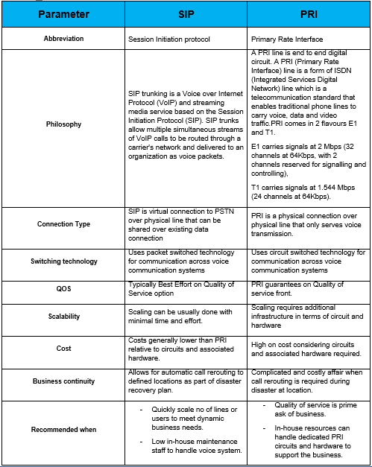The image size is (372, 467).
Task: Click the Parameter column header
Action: click(x=63, y=14)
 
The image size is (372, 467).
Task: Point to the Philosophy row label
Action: click(x=63, y=124)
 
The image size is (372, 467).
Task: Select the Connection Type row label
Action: click(x=63, y=223)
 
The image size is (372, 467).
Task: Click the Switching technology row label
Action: click(x=63, y=261)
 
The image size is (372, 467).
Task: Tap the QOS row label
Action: click(x=63, y=288)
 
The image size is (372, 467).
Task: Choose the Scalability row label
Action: click(x=63, y=316)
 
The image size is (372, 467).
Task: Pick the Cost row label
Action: click(x=63, y=348)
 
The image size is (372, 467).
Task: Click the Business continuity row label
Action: click(x=63, y=381)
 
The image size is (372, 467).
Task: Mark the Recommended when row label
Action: click(x=63, y=429)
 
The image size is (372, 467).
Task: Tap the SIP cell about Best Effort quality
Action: click(x=183, y=288)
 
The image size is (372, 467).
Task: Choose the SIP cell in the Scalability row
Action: click(x=183, y=316)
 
